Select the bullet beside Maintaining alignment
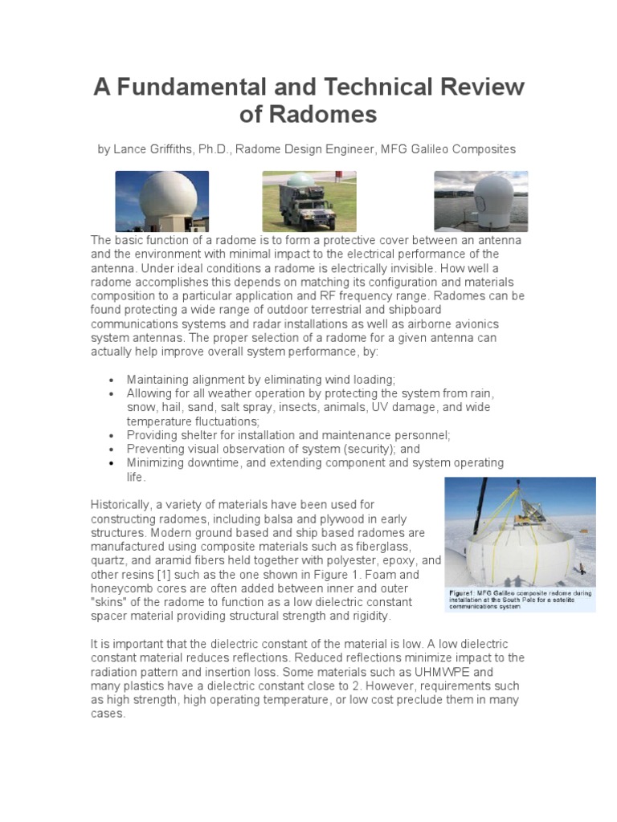click(109, 380)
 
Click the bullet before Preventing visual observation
click(109, 450)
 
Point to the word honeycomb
click(125, 588)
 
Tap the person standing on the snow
click(579, 569)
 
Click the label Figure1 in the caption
click(465, 593)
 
